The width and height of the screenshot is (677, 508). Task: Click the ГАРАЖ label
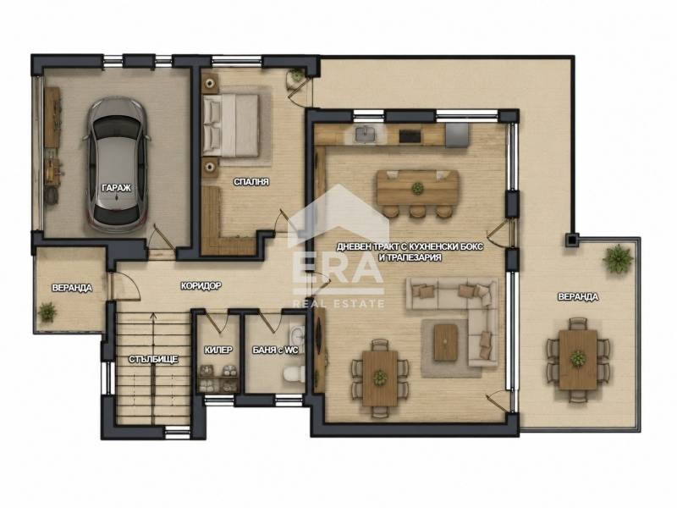point(117,188)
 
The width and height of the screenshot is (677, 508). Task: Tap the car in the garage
point(117,165)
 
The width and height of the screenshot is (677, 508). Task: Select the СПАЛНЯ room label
point(251,182)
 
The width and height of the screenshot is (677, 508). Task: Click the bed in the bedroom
point(231,124)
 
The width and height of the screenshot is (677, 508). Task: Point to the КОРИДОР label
point(201,285)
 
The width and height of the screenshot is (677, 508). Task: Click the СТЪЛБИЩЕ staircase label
point(153,359)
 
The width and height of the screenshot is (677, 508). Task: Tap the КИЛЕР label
point(218,350)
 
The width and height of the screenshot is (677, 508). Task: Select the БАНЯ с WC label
point(275,350)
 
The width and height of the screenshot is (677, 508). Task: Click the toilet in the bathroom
point(294,373)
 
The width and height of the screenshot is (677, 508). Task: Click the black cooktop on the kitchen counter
point(410,135)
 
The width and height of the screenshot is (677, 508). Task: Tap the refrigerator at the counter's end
point(457,135)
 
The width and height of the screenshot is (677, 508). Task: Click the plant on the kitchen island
point(417,188)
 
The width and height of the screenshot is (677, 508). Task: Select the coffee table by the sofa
point(446,343)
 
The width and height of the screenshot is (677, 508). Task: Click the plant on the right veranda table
point(577,357)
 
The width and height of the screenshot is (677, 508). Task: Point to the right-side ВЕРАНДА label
point(578,297)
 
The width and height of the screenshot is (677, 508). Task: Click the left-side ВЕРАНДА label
point(72,288)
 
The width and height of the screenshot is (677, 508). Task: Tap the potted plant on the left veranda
point(47,311)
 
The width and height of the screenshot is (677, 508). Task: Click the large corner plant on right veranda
point(618,258)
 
